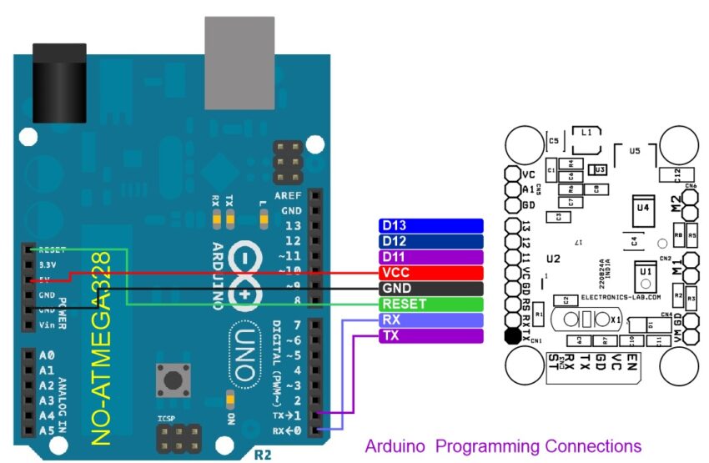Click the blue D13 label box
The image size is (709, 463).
[x=430, y=225]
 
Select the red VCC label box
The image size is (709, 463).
[x=430, y=272]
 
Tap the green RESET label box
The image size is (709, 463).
[x=430, y=304]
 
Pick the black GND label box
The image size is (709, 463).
[x=430, y=288]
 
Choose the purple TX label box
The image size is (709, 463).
[x=430, y=335]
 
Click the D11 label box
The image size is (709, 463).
[x=430, y=256]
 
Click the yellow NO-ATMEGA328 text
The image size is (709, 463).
[x=101, y=346]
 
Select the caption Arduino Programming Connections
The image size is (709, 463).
[x=503, y=446]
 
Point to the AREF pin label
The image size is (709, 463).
[x=288, y=194]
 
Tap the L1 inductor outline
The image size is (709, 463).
[x=586, y=138]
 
